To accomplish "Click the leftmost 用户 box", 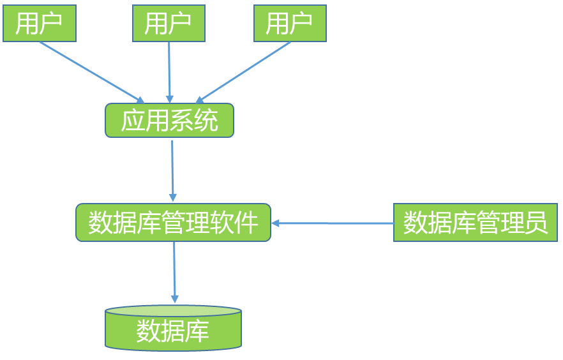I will (x=40, y=24).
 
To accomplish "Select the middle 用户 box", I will (x=169, y=24).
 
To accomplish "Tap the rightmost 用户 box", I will (x=290, y=24).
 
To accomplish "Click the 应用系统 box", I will (x=169, y=121).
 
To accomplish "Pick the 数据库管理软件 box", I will (x=173, y=223).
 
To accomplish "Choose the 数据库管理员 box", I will (x=475, y=223).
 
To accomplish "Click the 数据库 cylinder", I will (x=173, y=329).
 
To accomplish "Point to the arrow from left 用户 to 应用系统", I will (x=89, y=71).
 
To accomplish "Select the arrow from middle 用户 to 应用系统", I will (x=169, y=70).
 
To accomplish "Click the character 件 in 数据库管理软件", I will (x=248, y=223).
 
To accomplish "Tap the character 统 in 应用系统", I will (x=206, y=121).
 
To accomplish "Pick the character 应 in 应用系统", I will (x=133, y=121).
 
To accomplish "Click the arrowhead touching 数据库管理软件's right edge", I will (x=276, y=223).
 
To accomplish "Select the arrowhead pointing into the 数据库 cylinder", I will (x=174, y=299).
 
